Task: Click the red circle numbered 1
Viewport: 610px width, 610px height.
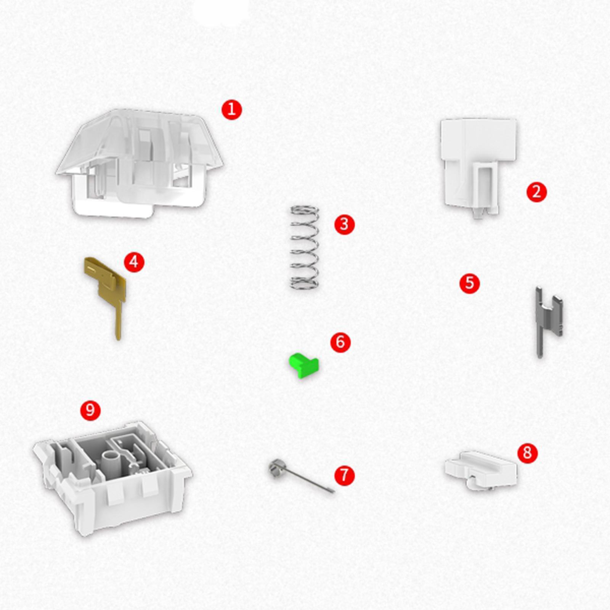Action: click(231, 110)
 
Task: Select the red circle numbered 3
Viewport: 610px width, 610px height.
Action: click(344, 224)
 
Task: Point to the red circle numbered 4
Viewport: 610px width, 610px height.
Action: click(134, 262)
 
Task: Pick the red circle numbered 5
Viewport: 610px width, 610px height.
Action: click(469, 283)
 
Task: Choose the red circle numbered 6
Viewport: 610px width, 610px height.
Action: click(340, 342)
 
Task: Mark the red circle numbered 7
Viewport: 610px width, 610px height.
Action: click(344, 475)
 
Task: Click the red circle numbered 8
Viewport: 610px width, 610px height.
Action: click(527, 453)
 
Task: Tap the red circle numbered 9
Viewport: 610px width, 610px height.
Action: click(90, 410)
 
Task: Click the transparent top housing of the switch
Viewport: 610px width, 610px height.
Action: click(140, 163)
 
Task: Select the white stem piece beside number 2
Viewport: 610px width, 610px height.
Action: click(478, 166)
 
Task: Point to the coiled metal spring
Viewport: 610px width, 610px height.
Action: click(304, 247)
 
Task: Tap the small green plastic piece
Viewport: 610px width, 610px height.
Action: click(304, 365)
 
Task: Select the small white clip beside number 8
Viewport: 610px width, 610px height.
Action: click(481, 470)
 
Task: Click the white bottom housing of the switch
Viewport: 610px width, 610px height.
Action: click(112, 478)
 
